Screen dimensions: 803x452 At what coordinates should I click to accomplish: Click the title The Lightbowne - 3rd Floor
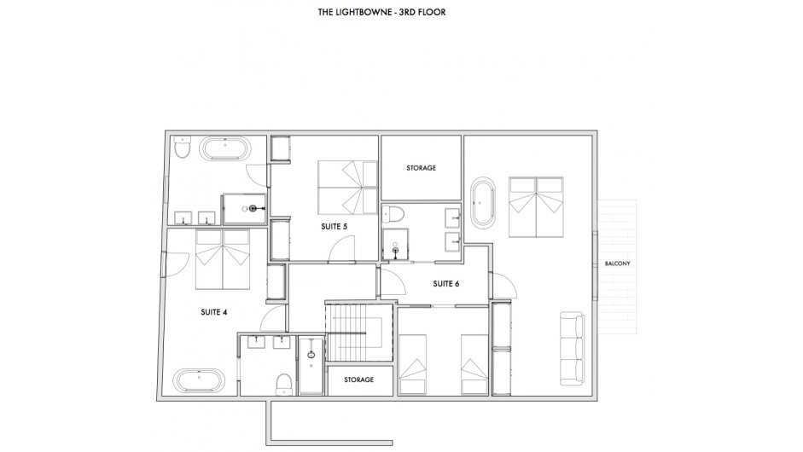tap(381, 12)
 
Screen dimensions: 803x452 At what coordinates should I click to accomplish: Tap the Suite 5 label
tap(334, 226)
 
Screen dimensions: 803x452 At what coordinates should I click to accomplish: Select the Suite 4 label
tap(213, 312)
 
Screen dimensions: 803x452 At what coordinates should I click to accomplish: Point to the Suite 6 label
tap(445, 284)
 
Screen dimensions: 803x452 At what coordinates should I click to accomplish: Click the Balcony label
tap(617, 264)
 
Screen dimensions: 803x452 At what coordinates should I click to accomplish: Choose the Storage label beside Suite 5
tap(421, 168)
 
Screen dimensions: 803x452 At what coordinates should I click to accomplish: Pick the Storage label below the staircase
tap(358, 380)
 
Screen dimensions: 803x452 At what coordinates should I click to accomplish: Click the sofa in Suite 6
tap(572, 348)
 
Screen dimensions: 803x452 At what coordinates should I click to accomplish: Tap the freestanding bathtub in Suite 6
tap(483, 203)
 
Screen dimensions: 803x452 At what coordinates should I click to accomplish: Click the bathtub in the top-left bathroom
tap(225, 149)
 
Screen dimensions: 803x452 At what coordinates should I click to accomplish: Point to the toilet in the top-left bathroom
tap(181, 148)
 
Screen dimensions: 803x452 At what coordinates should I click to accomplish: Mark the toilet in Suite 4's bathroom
tap(283, 384)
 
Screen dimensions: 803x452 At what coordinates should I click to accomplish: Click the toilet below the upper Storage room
tap(393, 213)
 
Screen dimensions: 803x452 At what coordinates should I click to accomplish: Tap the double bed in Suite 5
tap(347, 188)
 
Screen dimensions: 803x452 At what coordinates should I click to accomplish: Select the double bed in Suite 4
tap(222, 259)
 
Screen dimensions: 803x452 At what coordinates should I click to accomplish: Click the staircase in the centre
tap(359, 331)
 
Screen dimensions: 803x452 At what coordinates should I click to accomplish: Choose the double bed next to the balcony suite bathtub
tap(536, 207)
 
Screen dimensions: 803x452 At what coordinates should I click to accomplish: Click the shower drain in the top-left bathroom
tap(253, 209)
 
